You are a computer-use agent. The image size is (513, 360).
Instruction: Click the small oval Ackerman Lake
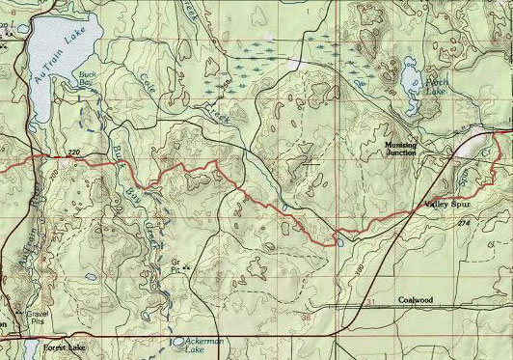[179, 341]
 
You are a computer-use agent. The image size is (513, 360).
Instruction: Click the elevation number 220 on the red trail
[74, 153]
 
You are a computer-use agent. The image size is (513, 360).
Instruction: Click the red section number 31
[371, 304]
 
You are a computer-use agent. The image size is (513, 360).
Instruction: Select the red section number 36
[306, 316]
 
